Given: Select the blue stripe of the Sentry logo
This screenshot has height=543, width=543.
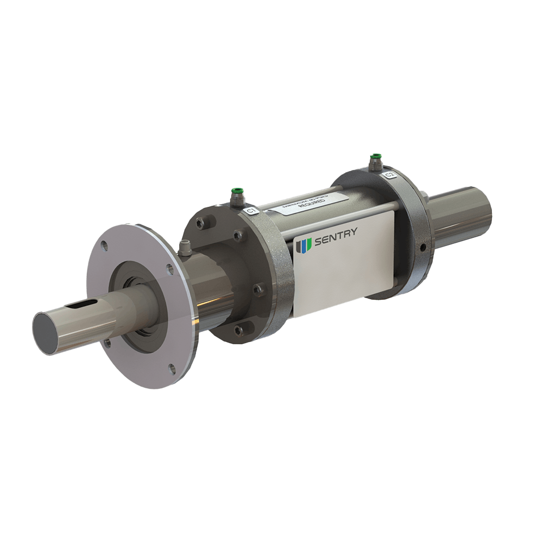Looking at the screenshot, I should (303, 246).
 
